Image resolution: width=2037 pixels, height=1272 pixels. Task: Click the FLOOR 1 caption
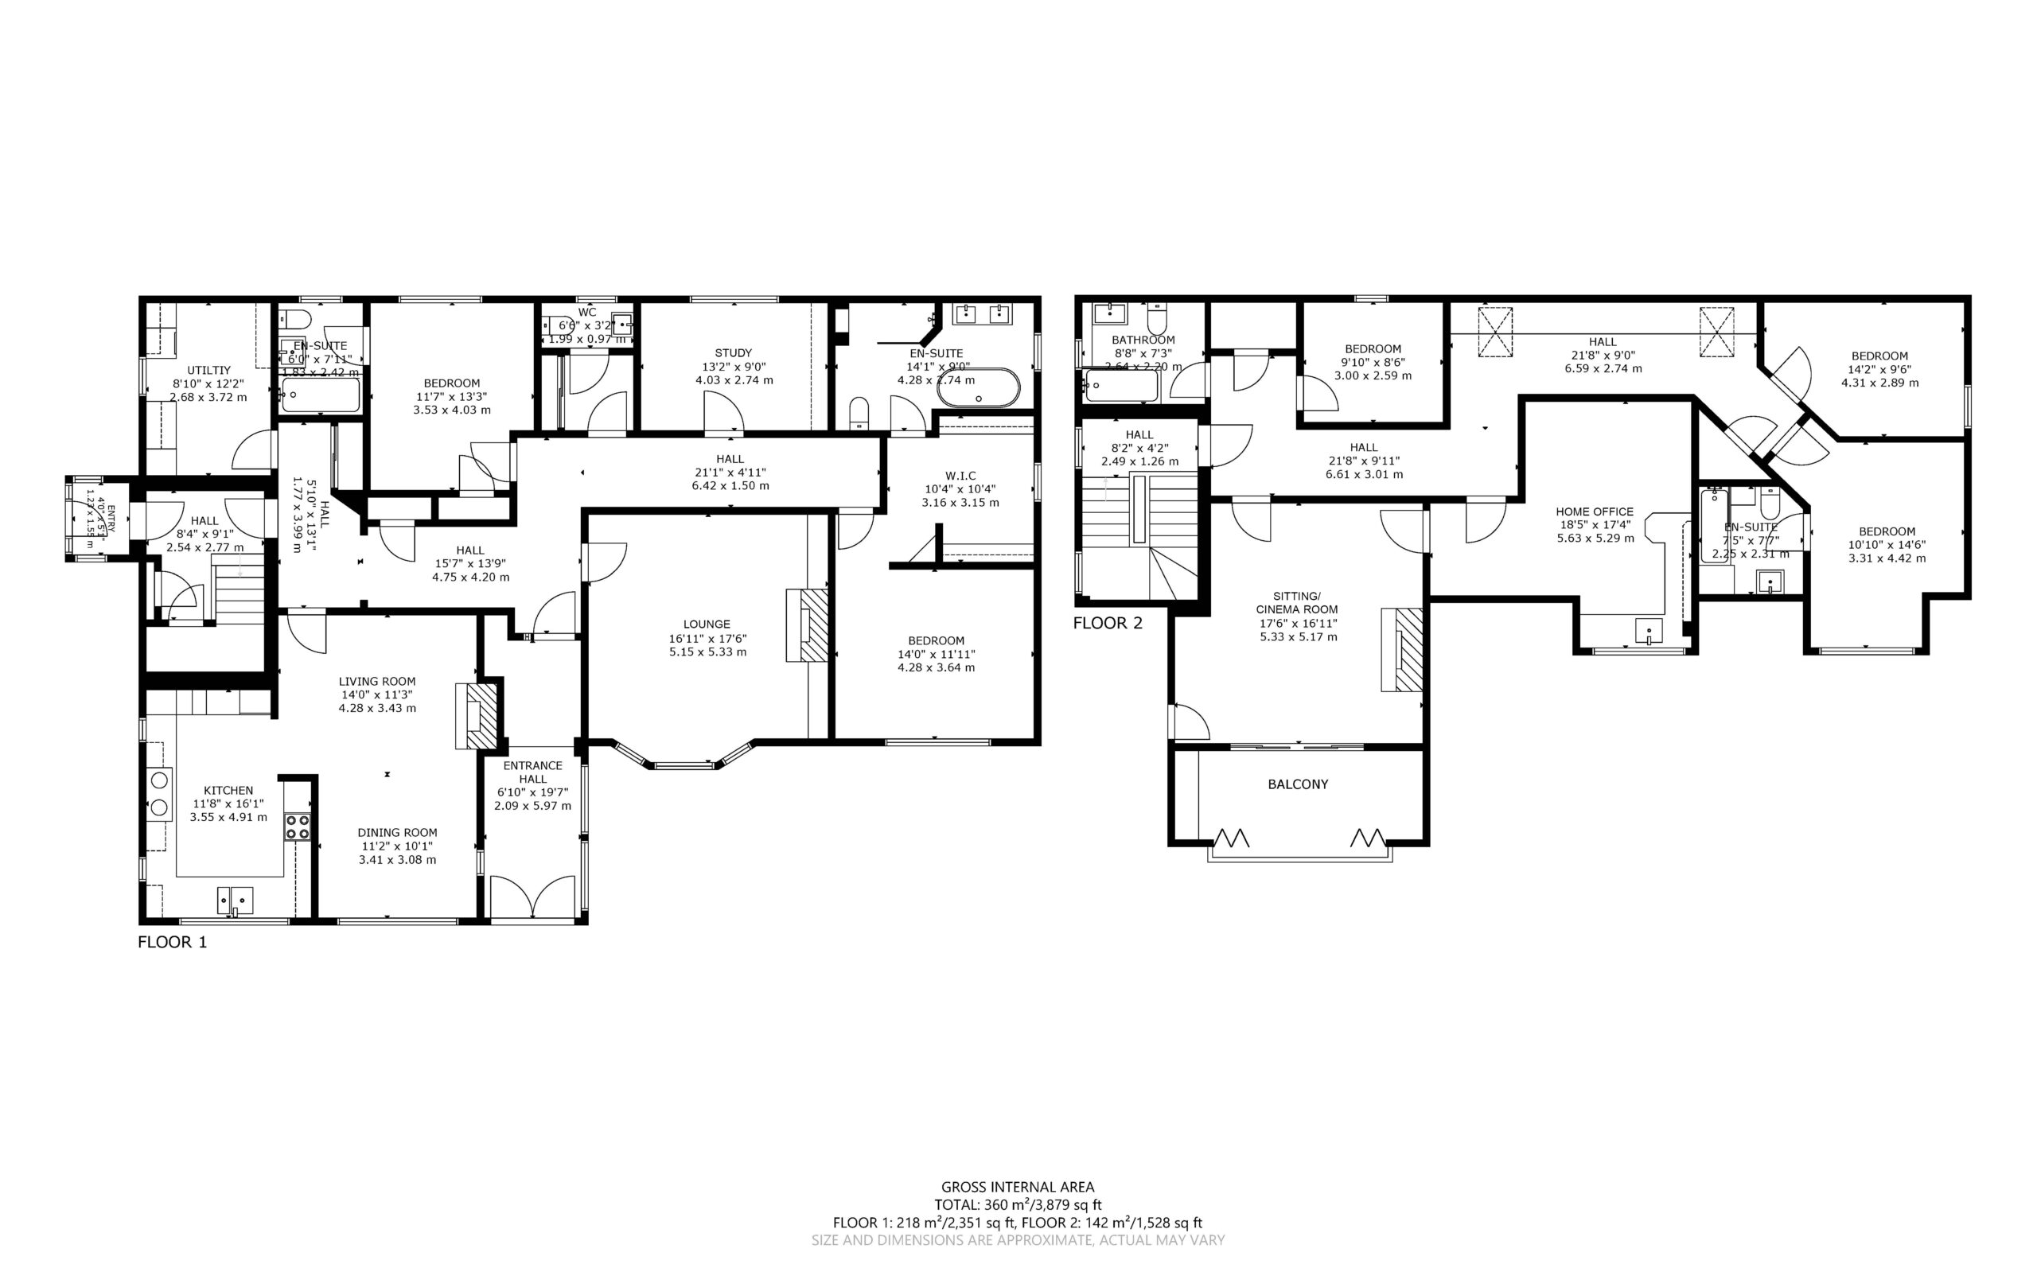tap(172, 941)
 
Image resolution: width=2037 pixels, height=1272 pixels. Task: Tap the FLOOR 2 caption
tap(1108, 623)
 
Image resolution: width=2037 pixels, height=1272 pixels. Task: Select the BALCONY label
tap(1298, 784)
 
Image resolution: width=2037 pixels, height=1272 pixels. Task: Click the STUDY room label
tap(733, 353)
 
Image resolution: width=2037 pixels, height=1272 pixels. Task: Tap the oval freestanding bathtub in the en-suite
tap(978, 388)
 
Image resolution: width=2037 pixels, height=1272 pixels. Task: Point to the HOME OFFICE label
tap(1595, 512)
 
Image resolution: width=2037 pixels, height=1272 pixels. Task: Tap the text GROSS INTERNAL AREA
tap(1017, 1187)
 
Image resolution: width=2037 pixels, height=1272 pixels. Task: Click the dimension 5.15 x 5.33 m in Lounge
tap(707, 652)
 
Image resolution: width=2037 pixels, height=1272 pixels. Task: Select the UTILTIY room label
tap(208, 370)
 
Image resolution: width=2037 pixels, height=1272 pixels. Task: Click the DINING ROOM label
tap(397, 833)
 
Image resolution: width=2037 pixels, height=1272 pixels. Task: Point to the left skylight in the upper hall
tap(1495, 333)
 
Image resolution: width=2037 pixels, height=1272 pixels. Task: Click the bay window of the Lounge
tap(684, 763)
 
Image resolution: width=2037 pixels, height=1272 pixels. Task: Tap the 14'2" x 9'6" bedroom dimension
tap(1879, 369)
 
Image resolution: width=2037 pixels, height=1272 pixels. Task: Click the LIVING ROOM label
tap(377, 682)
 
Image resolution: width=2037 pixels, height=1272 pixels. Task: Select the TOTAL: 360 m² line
tap(1017, 1204)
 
